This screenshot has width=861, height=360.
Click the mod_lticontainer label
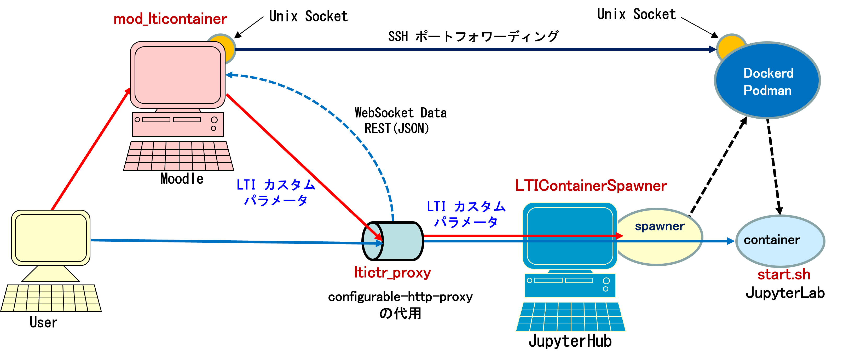click(x=170, y=19)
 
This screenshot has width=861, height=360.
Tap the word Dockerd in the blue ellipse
click(x=768, y=73)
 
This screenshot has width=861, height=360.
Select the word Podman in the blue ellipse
click(x=767, y=91)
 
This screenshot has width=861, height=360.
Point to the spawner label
click(x=660, y=226)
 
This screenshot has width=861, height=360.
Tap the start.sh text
click(x=784, y=275)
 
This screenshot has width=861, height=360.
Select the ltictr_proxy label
click(x=392, y=273)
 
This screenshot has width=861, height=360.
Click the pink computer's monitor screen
click(x=177, y=75)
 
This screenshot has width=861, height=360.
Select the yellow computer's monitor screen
click(x=51, y=238)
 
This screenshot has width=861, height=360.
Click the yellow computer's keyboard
click(x=51, y=298)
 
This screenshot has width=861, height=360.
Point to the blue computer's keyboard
click(x=570, y=317)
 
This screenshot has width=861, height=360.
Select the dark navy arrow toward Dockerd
click(x=468, y=49)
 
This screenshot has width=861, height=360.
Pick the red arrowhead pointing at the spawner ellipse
click(x=619, y=236)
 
